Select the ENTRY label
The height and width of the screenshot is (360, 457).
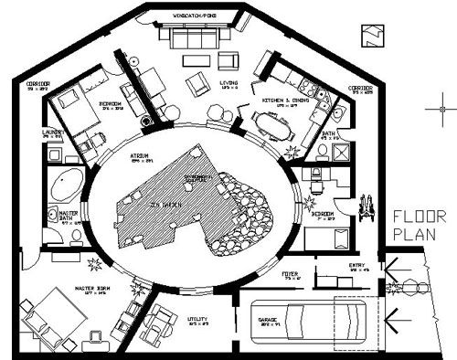pos(359,264)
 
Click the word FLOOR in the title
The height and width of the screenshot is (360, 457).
pos(419,217)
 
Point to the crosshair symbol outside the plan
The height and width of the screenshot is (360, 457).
pos(439,110)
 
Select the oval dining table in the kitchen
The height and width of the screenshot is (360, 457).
pos(271,120)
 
